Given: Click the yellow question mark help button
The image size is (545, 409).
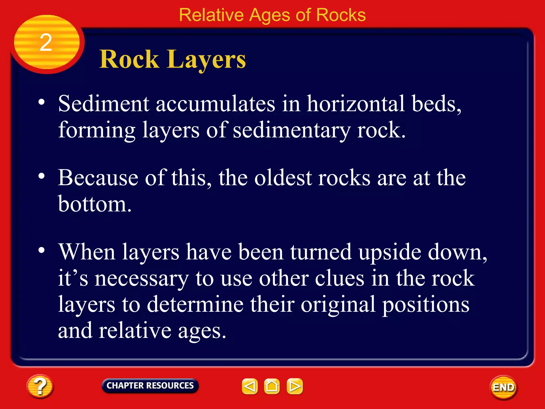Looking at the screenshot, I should point(40,386).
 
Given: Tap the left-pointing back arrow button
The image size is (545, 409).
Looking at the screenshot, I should point(250,386).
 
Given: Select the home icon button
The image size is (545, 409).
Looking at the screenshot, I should point(272,386).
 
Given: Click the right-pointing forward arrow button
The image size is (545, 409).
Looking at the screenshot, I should point(295,386).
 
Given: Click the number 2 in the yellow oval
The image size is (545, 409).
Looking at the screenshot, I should point(46,43).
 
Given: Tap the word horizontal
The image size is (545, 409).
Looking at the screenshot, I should point(356,104).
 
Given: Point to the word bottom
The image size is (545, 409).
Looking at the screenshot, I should point(94,204).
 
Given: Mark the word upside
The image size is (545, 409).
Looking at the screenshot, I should point(390,252).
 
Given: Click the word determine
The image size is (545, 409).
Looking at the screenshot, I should point(195,304).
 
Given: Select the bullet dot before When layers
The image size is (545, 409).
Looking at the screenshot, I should point(42,250).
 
